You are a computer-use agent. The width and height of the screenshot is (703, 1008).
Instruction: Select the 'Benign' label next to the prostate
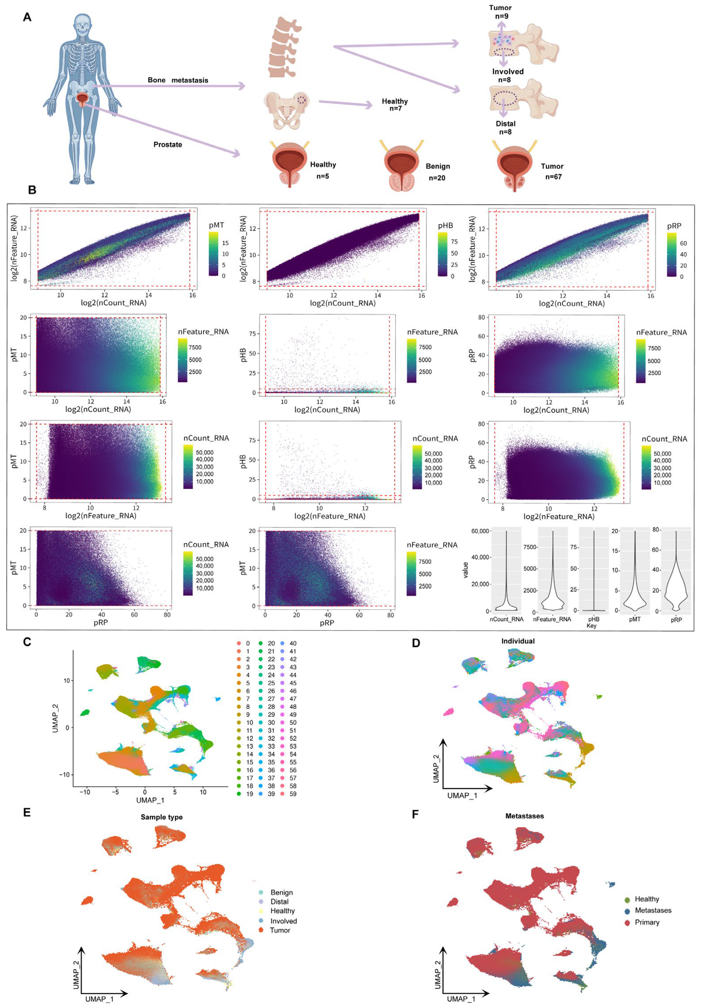pos(438,166)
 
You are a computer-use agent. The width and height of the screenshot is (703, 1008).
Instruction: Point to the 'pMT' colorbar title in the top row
pos(216,225)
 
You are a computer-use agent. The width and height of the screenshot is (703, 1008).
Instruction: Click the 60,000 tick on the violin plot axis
pos(480,531)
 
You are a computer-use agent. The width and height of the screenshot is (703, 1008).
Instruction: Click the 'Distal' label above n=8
pos(506,124)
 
